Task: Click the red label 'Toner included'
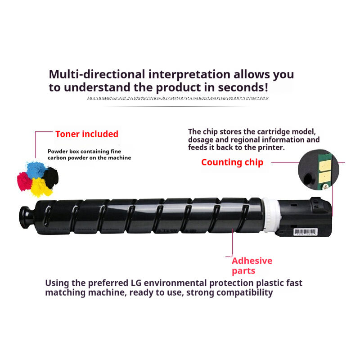(x=87, y=134)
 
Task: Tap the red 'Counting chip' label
(x=232, y=162)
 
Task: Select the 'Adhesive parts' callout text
(x=252, y=265)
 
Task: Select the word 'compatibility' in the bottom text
(x=243, y=292)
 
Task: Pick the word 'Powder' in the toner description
(x=57, y=152)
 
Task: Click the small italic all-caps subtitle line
(x=178, y=98)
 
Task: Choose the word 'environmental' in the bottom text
(x=175, y=283)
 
